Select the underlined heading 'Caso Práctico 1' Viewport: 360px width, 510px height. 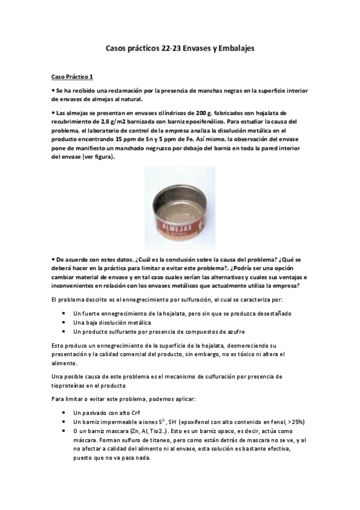72,77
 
